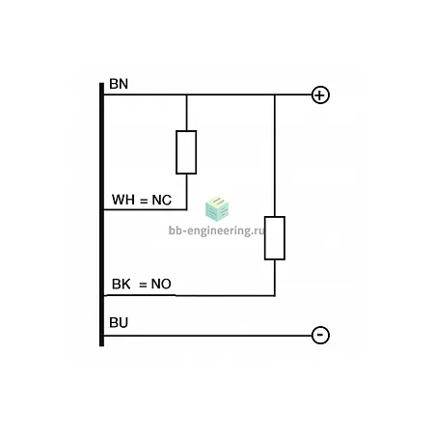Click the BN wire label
(x=119, y=84)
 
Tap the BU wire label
(x=119, y=322)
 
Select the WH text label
(x=123, y=200)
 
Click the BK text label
(x=121, y=284)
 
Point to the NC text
(x=161, y=200)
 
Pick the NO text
(x=161, y=284)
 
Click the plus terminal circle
(x=320, y=95)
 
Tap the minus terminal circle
(x=320, y=336)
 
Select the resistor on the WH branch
(x=186, y=152)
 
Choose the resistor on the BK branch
(x=275, y=238)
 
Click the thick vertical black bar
(x=101, y=214)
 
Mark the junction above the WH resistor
(x=186, y=95)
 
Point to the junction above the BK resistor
(x=275, y=95)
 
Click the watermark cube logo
(x=217, y=209)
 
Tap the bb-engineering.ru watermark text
(x=216, y=231)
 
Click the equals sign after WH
(x=144, y=201)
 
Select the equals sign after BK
(x=143, y=285)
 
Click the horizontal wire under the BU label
(x=207, y=336)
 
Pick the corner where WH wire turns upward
(x=186, y=209)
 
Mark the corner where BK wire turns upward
(x=275, y=295)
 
